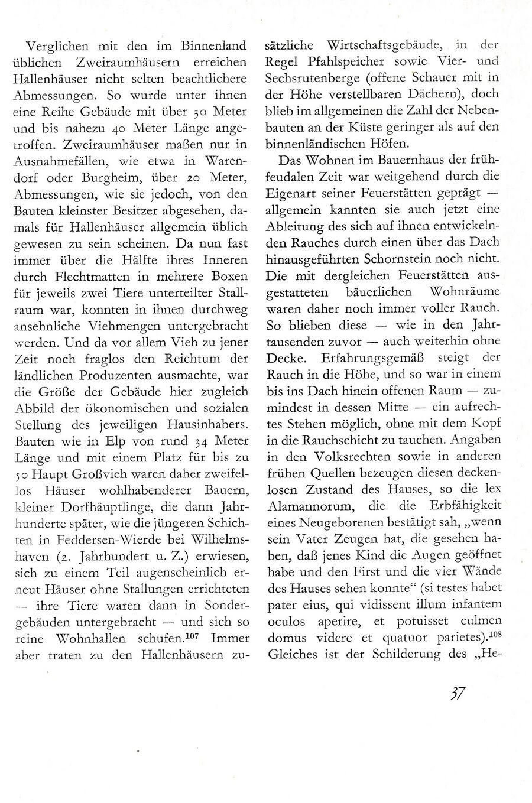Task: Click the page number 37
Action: click(x=456, y=693)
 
